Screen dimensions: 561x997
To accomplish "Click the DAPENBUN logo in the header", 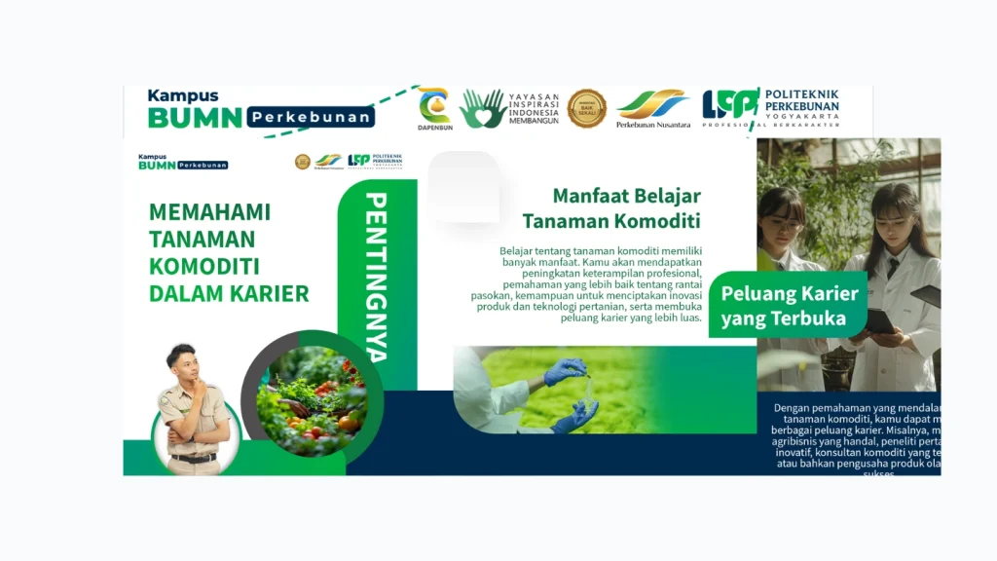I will click(x=434, y=108).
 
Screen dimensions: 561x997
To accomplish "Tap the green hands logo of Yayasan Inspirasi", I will click(x=482, y=109).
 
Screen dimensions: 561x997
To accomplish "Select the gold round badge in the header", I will click(x=586, y=109).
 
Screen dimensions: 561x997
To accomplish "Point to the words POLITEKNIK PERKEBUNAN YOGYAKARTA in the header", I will click(x=801, y=104).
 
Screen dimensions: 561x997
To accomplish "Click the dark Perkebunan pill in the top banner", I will click(x=311, y=118).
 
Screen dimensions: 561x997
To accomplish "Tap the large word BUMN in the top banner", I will click(x=194, y=118).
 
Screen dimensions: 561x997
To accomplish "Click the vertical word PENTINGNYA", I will click(x=377, y=277).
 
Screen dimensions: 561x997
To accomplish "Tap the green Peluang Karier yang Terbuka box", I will click(x=789, y=306).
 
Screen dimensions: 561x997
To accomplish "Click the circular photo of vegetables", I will click(x=311, y=400).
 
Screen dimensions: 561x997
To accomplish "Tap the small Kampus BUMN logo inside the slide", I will click(x=182, y=161).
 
